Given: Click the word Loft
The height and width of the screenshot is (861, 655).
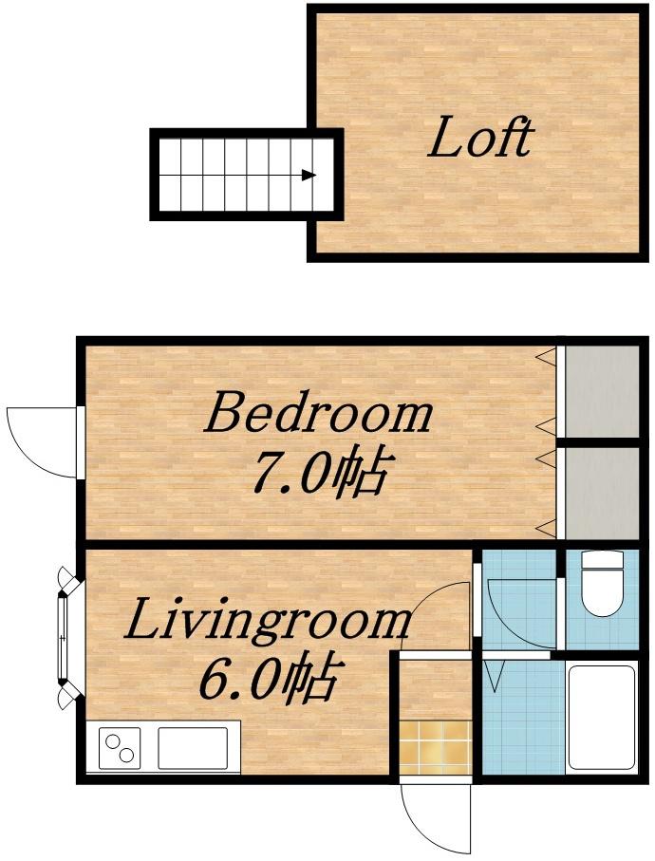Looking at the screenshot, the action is coord(480,137).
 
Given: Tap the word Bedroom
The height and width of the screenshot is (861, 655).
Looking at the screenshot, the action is coord(318,412).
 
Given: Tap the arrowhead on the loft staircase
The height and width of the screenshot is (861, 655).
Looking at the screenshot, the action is coord(309,176).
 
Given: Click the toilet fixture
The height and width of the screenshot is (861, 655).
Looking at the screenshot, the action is coord(602,583).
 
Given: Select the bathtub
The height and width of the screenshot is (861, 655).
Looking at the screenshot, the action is coord(602,718).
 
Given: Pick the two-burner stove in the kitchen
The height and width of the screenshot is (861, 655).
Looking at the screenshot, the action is coord(120,747).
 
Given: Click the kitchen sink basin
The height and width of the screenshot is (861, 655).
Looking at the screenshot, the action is coord(193,748).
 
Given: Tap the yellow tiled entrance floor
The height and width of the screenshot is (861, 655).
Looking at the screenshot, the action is coord(436,747).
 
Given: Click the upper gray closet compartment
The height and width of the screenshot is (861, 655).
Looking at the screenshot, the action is coord(602,391).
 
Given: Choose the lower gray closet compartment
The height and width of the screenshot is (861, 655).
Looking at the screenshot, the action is coord(602,494).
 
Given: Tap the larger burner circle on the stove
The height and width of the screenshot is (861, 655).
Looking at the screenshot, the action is coord(113,741).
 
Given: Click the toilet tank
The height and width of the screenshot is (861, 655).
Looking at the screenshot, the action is coord(602,559).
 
